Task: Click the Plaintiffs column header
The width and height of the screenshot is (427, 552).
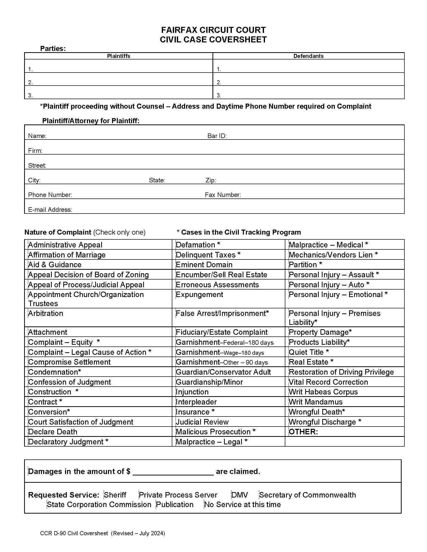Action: click(x=118, y=56)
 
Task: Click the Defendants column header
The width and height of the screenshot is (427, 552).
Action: click(x=308, y=56)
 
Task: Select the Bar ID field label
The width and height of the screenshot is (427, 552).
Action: click(x=217, y=136)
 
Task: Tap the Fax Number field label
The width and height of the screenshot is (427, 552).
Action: click(x=223, y=195)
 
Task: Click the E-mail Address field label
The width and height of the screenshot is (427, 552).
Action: click(x=50, y=210)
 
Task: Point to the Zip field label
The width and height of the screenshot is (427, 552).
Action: click(x=210, y=180)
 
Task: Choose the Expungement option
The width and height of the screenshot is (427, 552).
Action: click(x=199, y=295)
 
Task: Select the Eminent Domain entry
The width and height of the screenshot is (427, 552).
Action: click(x=204, y=265)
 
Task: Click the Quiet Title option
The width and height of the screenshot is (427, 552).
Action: click(x=309, y=352)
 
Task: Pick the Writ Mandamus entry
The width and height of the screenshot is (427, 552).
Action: click(x=315, y=402)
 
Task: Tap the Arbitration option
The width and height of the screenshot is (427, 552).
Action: click(x=45, y=313)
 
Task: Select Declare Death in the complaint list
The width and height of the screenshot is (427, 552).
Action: click(x=52, y=432)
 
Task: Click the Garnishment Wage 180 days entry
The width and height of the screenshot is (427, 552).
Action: click(x=220, y=352)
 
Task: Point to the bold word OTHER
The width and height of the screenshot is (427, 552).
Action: click(x=303, y=432)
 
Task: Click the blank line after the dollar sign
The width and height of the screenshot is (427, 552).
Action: click(x=173, y=472)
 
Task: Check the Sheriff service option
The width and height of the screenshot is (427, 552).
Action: click(x=115, y=495)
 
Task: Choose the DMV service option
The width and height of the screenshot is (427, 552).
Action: click(x=239, y=495)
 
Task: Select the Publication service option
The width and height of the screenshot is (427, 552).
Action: click(x=175, y=505)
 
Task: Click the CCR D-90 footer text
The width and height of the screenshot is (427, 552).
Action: click(x=102, y=533)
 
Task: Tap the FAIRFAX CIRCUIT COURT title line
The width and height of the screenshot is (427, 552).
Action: click(x=213, y=30)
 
